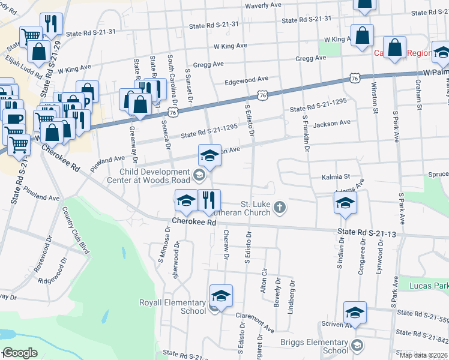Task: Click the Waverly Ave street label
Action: coord(263,5)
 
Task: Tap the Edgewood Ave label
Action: coord(246,79)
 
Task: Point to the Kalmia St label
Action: coord(336,177)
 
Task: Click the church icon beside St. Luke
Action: coord(279,208)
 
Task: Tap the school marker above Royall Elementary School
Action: coord(221,296)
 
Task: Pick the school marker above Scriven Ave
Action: coord(355,313)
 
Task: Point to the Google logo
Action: coord(19,353)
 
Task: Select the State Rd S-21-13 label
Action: coord(366,232)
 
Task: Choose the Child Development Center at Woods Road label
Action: coord(151,176)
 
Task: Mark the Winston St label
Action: coord(375,101)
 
